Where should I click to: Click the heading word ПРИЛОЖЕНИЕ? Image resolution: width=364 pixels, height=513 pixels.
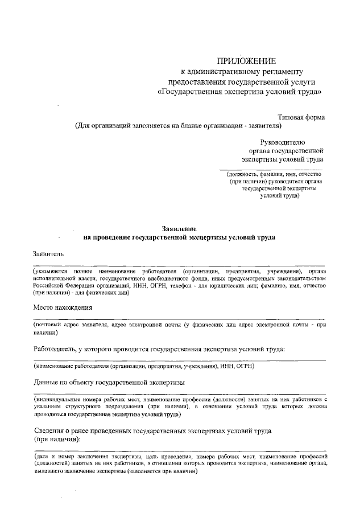point(247,61)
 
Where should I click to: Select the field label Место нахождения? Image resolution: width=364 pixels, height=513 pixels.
point(63,307)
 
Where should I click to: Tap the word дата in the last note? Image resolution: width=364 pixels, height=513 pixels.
point(42,457)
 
